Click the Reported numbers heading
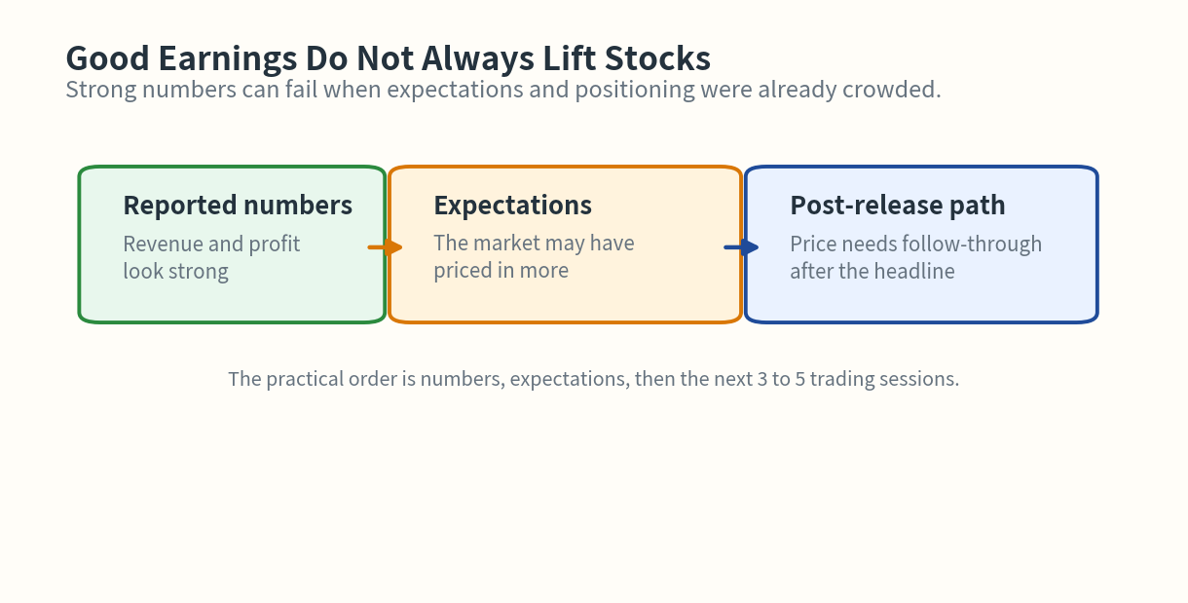tap(238, 206)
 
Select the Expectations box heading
tap(512, 206)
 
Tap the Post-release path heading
tap(897, 206)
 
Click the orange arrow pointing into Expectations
tap(386, 247)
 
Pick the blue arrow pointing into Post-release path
tap(741, 247)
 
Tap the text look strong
tap(175, 271)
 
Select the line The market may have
tap(534, 244)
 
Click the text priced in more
tap(501, 271)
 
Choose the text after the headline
tap(872, 271)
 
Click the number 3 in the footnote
tap(762, 379)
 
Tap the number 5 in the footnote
tap(800, 379)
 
